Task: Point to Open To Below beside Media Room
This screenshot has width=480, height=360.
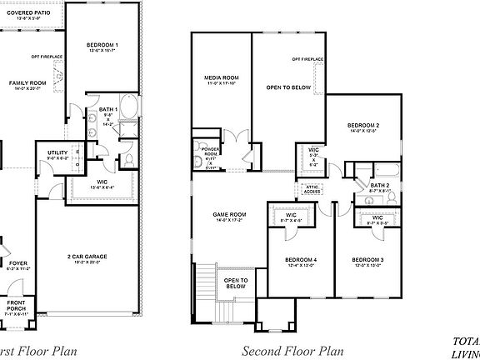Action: [289, 87]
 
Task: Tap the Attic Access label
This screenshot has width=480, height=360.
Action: [312, 189]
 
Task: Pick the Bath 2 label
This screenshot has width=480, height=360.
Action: [380, 187]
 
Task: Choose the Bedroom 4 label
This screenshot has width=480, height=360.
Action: [300, 261]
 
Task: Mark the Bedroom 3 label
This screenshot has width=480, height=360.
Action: [367, 261]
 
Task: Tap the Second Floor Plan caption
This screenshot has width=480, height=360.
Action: [292, 351]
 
